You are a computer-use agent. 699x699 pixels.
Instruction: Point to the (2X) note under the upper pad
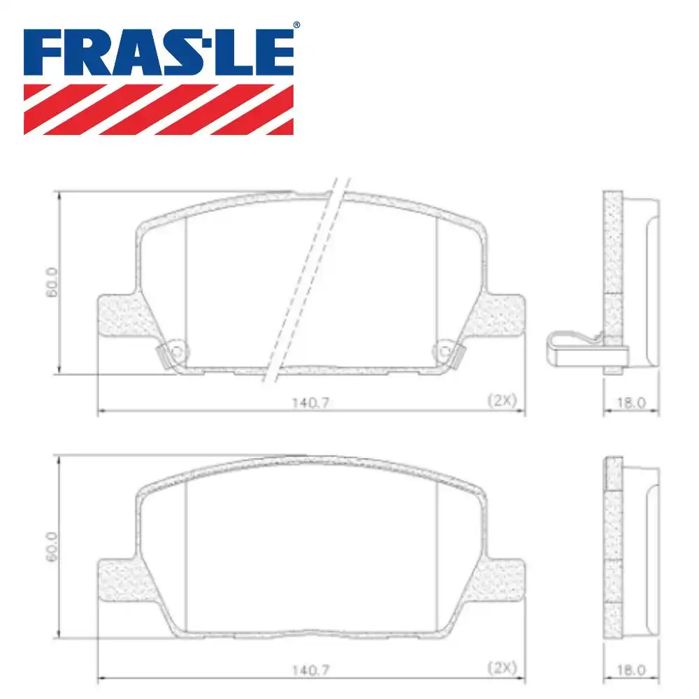point(501,401)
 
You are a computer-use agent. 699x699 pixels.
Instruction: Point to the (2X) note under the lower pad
point(501,668)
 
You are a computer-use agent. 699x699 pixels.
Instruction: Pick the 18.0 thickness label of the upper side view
point(631,403)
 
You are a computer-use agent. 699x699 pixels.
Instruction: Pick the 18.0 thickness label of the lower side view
point(631,670)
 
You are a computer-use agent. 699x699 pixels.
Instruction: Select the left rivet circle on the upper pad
point(176,352)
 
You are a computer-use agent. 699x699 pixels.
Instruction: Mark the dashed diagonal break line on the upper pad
point(305,280)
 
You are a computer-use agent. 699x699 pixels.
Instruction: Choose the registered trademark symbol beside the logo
point(296,26)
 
